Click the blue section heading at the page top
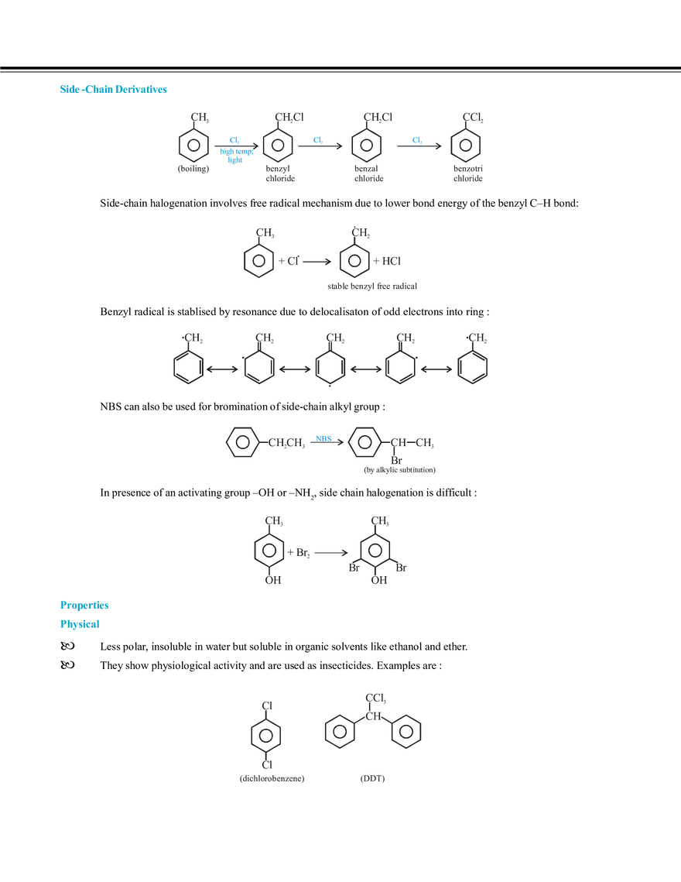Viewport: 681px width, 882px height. click(x=114, y=91)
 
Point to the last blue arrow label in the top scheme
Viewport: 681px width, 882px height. click(x=417, y=139)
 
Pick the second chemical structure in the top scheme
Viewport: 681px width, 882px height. click(x=281, y=146)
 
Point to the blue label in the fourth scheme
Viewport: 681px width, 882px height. click(x=323, y=439)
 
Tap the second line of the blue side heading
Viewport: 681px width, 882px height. click(x=80, y=624)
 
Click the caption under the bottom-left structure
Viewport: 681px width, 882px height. click(x=272, y=781)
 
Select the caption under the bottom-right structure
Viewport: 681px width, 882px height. click(x=375, y=781)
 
